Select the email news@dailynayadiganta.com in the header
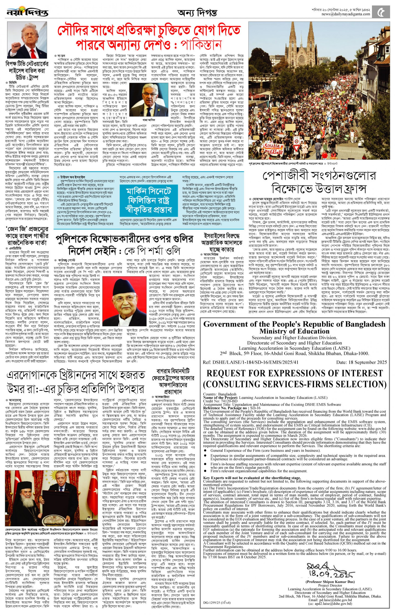tap(346, 14)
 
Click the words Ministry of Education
tap(294, 331)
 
